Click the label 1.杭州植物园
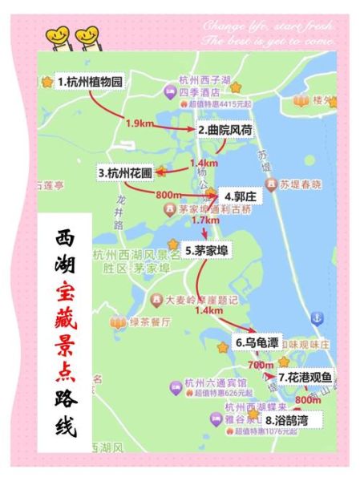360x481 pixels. (x=91, y=82)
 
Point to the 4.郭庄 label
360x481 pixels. (x=239, y=196)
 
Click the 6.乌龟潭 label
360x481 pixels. (x=257, y=342)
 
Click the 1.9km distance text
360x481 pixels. (x=140, y=123)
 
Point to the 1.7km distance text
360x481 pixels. (x=206, y=220)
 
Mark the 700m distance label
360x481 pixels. (x=261, y=365)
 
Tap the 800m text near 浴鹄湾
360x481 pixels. (x=307, y=399)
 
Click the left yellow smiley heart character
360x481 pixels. (x=58, y=35)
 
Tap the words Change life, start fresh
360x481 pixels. (x=269, y=23)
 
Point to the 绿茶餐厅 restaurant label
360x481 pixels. (x=150, y=323)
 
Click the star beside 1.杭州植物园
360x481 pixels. (x=47, y=82)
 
